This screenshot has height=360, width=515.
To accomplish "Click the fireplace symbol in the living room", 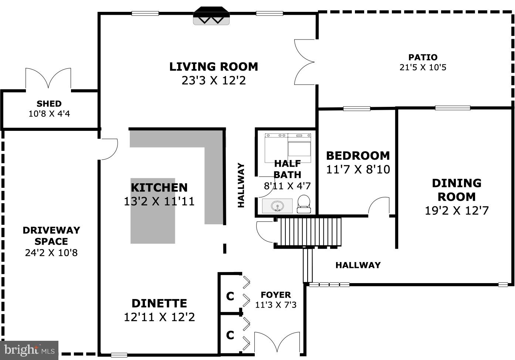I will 211,16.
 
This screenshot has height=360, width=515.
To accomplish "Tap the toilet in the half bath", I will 304,204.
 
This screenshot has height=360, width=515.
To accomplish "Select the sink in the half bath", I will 277,206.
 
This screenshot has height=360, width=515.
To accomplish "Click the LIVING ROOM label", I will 213,67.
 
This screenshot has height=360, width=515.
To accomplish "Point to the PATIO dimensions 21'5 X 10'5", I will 423,68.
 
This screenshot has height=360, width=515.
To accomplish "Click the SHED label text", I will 49,104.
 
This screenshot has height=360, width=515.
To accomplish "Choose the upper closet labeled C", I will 230,296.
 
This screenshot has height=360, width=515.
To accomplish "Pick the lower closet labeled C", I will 230,335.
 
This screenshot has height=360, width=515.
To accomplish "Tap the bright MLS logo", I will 29,350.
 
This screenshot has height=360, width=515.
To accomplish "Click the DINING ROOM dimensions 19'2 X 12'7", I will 457,211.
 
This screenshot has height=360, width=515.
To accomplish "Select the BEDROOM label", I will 358,156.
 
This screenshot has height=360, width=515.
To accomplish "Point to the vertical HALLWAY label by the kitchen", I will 241,185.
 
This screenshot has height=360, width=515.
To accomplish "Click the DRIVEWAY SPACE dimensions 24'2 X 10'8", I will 51,253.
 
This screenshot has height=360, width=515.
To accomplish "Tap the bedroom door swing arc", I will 379,206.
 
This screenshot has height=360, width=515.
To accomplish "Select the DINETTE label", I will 159,303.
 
